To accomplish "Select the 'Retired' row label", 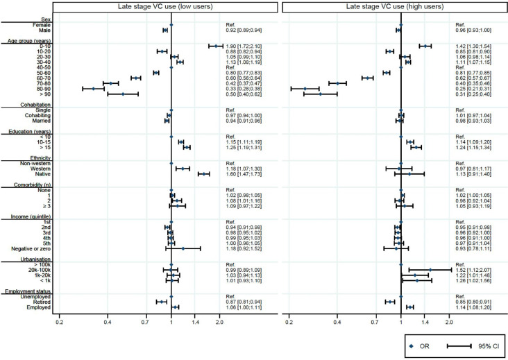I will point(40,302).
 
